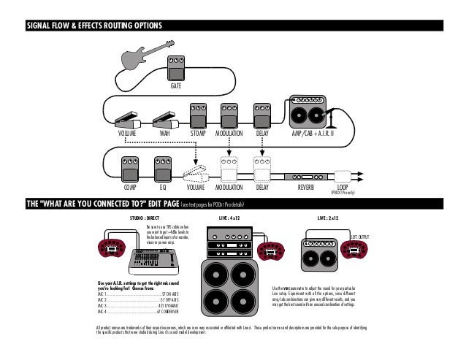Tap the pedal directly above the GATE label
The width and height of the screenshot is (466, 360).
pos(175,69)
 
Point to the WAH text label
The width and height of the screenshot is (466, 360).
pos(165,134)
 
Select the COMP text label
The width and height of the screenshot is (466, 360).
pos(130,188)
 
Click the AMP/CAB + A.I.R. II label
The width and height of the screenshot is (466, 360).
pos(313,134)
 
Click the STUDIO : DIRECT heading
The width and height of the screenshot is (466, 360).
pos(145,218)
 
